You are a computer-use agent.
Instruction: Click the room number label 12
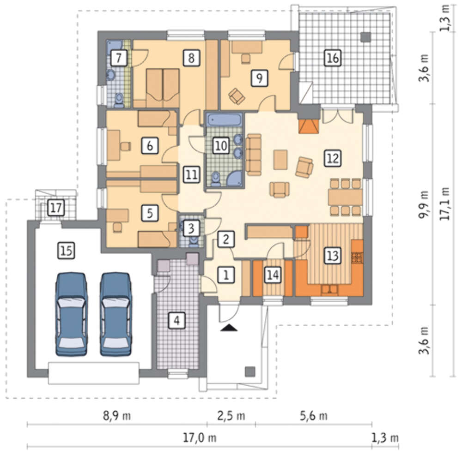(333, 159)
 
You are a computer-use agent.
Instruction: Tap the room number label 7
(119, 58)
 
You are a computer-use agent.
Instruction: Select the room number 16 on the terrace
(333, 58)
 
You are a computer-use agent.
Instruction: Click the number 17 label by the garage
(56, 208)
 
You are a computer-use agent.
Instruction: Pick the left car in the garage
(71, 314)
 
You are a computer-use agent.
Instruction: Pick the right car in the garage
(116, 314)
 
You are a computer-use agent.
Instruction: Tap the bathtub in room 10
(225, 120)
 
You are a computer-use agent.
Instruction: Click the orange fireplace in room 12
(309, 126)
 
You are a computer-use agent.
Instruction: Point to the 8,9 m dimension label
(117, 416)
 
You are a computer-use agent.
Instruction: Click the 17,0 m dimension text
(200, 437)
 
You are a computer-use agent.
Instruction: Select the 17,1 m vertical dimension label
(444, 204)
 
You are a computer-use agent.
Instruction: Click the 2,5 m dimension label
(231, 416)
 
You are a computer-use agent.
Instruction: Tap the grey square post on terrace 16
(366, 37)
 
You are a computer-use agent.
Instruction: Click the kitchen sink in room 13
(329, 290)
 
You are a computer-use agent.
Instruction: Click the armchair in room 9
(237, 96)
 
